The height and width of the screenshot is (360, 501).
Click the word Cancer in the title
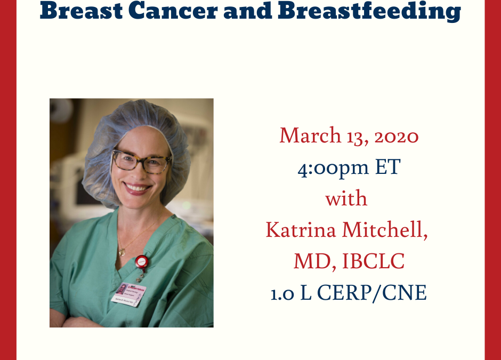173,10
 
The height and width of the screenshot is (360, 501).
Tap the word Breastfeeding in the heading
369,11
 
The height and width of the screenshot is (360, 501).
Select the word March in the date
310,135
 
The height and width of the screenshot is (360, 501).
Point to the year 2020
396,135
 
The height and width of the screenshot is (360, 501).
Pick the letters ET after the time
387,166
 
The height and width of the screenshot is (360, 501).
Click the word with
346,198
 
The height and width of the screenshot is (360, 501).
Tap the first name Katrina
301,229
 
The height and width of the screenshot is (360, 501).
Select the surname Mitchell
385,229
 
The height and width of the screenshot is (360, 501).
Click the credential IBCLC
373,261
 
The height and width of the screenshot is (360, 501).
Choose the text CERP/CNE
371,292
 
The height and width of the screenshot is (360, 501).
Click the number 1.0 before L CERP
282,293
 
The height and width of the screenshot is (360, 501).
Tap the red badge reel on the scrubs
142,261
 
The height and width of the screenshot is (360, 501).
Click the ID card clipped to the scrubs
129,295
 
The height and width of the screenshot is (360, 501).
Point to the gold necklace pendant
122,252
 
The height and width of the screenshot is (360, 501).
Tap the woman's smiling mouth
136,188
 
